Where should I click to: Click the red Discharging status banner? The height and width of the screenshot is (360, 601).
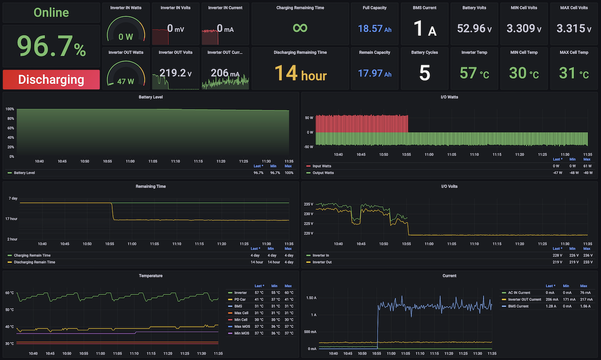click(51, 80)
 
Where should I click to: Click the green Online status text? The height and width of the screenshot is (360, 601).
click(51, 13)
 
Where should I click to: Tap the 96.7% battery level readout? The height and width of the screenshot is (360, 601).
click(51, 46)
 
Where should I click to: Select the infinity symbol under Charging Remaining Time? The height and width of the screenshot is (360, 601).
click(300, 28)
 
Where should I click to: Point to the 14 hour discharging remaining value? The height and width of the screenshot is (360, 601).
click(300, 73)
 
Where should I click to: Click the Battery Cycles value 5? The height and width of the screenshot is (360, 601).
click(425, 73)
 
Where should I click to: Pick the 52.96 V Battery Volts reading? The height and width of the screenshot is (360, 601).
click(474, 28)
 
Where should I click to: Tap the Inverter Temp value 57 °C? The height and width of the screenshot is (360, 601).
click(474, 73)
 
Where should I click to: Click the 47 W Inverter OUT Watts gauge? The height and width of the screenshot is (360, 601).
click(126, 73)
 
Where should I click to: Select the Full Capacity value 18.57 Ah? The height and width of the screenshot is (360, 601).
click(375, 29)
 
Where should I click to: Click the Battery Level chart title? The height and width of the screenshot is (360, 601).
click(151, 97)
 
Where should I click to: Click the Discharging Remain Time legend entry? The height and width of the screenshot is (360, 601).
click(32, 262)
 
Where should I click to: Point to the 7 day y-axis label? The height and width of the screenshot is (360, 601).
click(13, 198)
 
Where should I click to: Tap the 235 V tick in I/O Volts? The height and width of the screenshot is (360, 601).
click(309, 204)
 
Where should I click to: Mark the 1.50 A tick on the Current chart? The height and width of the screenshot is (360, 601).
click(311, 298)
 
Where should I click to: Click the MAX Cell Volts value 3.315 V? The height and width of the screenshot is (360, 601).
click(573, 28)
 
